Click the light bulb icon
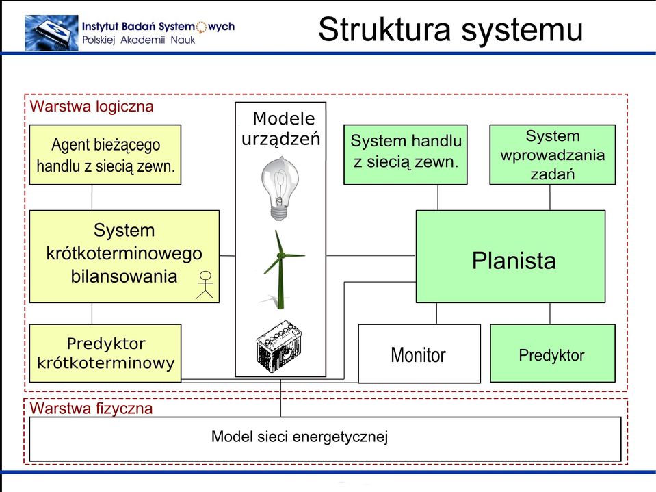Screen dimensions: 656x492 click(280, 188)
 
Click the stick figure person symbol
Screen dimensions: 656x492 click(205, 285)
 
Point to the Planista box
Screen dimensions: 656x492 click(510, 257)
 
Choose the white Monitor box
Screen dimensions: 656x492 click(419, 354)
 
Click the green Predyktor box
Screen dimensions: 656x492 click(552, 354)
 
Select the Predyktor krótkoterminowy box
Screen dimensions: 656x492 click(105, 353)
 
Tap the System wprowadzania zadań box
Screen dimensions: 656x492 click(552, 155)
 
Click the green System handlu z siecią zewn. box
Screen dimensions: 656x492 click(406, 155)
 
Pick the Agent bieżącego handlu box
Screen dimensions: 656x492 click(105, 155)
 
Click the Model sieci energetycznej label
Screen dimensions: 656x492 click(300, 437)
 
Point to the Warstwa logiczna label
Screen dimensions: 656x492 click(92, 106)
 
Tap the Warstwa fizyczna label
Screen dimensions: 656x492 click(91, 409)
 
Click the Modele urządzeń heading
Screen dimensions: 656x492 click(281, 129)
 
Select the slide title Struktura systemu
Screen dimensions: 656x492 click(451, 29)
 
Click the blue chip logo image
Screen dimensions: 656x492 click(51, 33)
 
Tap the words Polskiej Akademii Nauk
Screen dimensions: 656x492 click(139, 40)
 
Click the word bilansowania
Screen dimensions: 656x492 click(124, 276)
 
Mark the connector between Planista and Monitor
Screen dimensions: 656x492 click(437, 313)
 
